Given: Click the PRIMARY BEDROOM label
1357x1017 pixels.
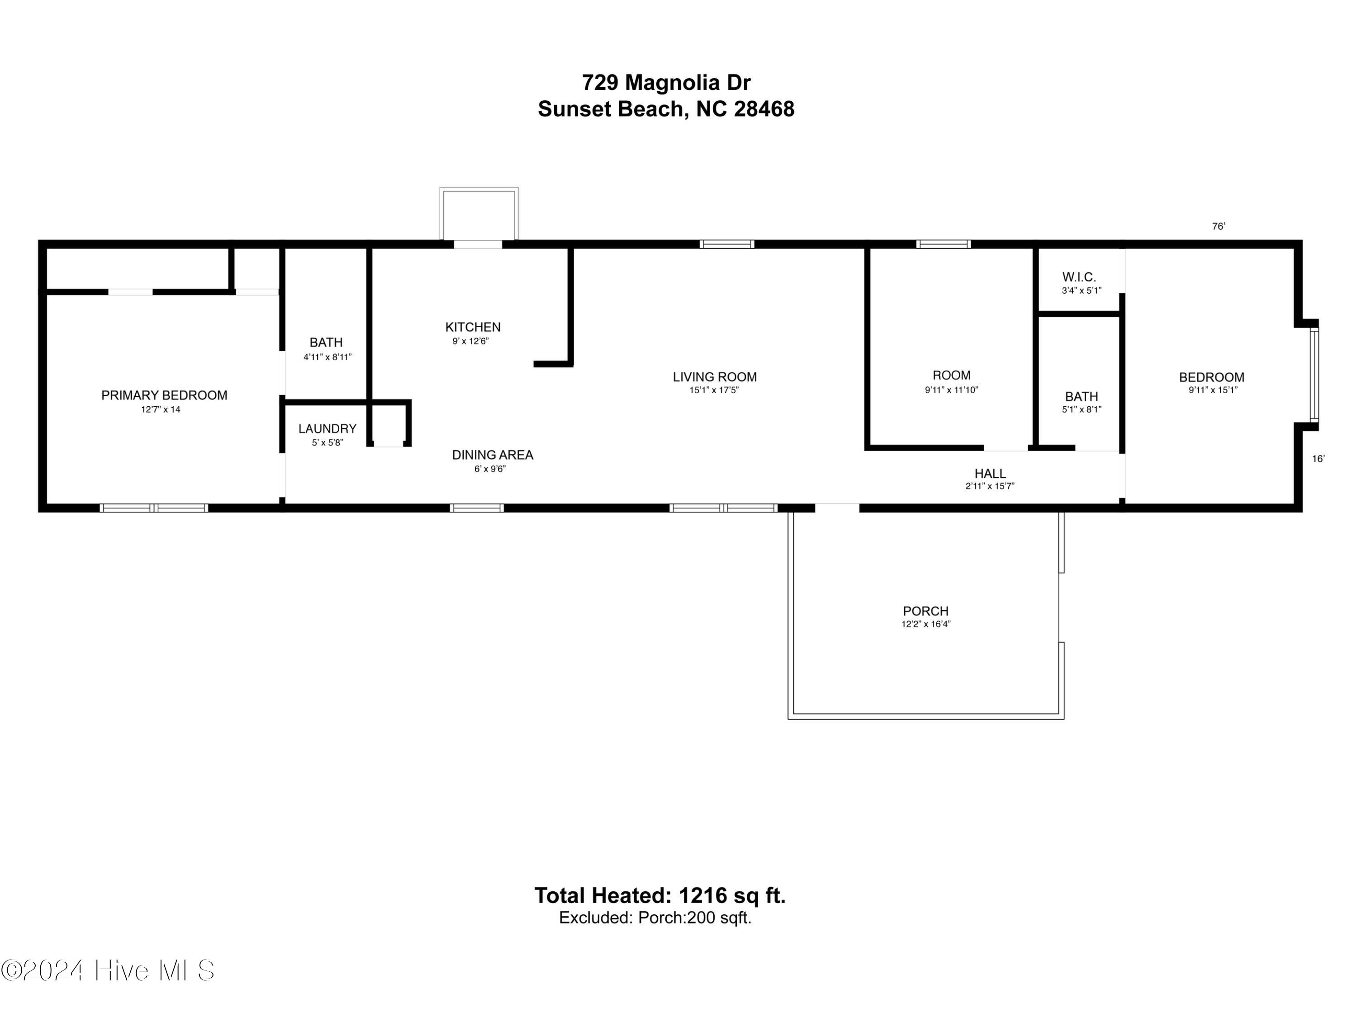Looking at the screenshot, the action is click(x=164, y=395).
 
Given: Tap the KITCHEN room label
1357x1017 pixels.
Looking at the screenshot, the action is click(x=473, y=327).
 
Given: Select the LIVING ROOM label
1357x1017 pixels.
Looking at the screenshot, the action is click(x=715, y=377).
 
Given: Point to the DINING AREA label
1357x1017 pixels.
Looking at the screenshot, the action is click(x=493, y=455).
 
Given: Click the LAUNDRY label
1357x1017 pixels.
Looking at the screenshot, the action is click(x=327, y=429).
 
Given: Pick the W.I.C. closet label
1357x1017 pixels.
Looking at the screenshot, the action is click(x=1079, y=277).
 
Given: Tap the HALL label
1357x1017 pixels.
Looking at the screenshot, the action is click(x=990, y=473).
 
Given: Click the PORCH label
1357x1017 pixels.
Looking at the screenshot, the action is click(x=926, y=611).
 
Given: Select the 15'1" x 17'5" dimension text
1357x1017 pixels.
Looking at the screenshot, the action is click(x=714, y=390).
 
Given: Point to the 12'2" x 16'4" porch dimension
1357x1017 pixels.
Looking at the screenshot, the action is click(x=926, y=624).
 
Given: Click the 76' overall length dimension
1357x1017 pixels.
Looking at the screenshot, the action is click(x=1218, y=226).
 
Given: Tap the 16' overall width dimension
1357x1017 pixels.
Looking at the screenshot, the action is click(x=1319, y=458).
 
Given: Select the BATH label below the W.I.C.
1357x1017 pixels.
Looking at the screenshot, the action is click(x=1082, y=396).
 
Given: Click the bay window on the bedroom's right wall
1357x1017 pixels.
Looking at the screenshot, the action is click(x=1314, y=375).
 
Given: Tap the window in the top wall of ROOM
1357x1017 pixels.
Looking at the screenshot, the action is click(x=944, y=245).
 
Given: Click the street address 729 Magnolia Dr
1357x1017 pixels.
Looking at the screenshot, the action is click(x=666, y=82).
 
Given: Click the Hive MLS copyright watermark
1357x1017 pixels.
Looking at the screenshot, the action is click(x=108, y=970).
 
